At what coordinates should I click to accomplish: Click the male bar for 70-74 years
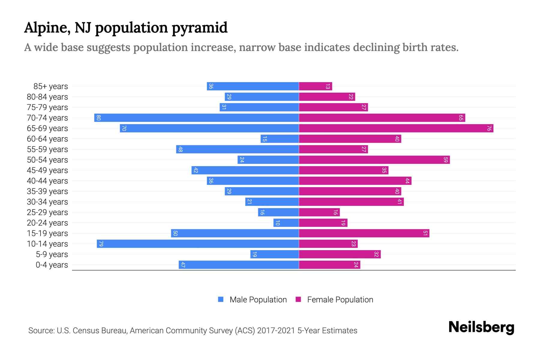tap(196, 118)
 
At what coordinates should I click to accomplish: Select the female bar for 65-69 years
tap(396, 128)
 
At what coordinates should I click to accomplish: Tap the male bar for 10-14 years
tap(198, 244)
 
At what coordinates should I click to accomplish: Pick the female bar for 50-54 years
tap(374, 160)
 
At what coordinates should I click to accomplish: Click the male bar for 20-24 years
tap(286, 223)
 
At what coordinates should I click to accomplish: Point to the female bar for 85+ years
tap(315, 86)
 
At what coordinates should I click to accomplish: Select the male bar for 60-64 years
tap(280, 139)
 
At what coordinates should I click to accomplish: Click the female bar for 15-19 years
tap(364, 233)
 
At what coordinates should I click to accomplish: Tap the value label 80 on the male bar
tap(98, 118)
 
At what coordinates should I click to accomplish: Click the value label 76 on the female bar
tap(489, 128)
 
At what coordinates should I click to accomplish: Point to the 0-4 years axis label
tap(52, 265)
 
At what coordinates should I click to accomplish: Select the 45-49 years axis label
tap(47, 170)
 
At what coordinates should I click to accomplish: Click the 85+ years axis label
tap(51, 86)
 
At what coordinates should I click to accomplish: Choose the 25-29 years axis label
tap(47, 212)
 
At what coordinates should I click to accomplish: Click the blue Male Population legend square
tap(221, 299)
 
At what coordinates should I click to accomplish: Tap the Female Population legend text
tap(340, 300)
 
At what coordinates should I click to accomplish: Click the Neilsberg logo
tap(481, 327)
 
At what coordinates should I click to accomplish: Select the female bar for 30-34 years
tap(351, 202)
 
